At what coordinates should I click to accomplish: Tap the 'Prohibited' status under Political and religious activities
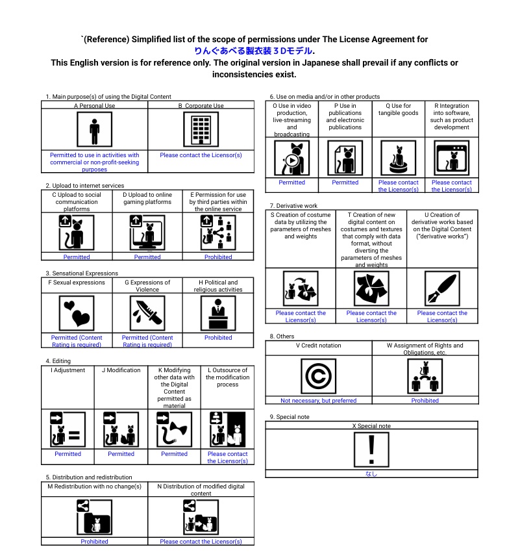pos(218,338)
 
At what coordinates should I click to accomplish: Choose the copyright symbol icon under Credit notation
pos(318,376)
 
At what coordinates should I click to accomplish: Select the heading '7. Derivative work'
pos(293,205)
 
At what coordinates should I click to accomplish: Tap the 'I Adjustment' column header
pos(68,370)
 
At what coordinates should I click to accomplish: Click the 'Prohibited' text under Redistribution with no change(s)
pos(94,542)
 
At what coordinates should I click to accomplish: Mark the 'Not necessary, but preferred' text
pos(318,401)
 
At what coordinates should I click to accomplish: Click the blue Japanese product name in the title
pos(254,51)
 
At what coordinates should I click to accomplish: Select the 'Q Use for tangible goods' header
pos(398,109)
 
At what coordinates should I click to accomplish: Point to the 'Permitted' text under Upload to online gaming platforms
pos(147,257)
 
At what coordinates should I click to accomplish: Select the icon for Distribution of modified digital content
pos(201,517)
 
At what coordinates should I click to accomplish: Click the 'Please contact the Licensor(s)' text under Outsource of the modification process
pos(227,457)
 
